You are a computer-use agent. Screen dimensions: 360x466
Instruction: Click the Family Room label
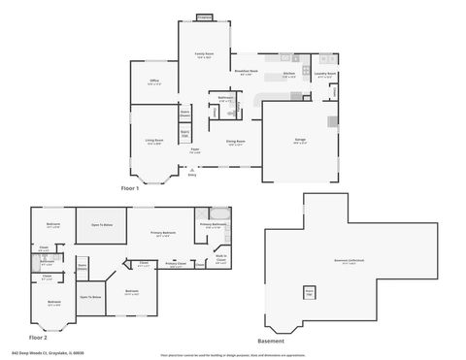(x=204, y=54)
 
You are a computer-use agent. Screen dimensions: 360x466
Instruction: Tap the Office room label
(x=154, y=82)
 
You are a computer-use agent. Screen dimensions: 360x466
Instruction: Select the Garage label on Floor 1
(x=300, y=141)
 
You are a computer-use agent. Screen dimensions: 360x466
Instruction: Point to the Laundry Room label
(x=325, y=74)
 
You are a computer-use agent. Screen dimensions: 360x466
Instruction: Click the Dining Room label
(x=236, y=143)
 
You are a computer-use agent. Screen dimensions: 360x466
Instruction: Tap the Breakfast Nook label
(x=247, y=71)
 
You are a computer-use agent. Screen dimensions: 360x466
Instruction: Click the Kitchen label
(x=288, y=74)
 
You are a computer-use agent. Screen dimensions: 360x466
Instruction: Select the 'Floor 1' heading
(x=130, y=187)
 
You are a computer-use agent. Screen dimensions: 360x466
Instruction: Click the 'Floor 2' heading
(x=37, y=337)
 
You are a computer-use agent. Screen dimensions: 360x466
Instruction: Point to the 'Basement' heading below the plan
(x=271, y=342)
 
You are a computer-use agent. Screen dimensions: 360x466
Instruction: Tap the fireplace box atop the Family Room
(x=204, y=16)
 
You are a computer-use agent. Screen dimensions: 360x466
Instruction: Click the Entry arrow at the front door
(x=191, y=171)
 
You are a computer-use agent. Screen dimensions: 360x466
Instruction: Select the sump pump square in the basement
(x=310, y=291)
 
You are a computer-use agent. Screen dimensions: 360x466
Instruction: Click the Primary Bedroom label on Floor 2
(x=162, y=234)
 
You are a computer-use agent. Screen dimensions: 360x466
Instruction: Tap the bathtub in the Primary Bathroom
(x=221, y=213)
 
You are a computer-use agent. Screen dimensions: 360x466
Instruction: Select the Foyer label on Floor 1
(x=195, y=151)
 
